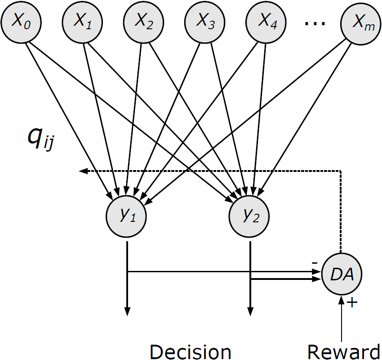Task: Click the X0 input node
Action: (x=19, y=23)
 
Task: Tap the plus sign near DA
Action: (x=353, y=303)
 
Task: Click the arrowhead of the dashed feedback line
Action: (x=81, y=171)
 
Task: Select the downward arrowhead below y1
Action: (x=128, y=311)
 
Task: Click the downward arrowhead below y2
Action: (x=250, y=311)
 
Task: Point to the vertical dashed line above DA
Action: (x=342, y=211)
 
